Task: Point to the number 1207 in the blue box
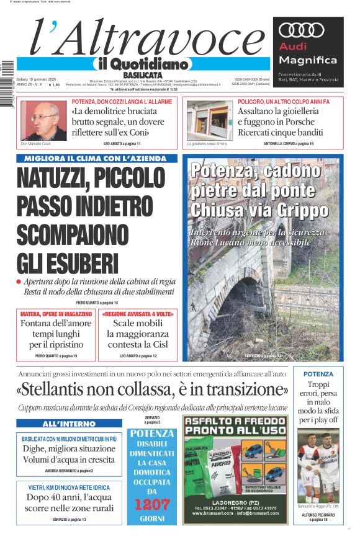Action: click(153, 504)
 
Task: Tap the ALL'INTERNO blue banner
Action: click(66, 424)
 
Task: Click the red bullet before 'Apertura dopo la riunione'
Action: click(19, 282)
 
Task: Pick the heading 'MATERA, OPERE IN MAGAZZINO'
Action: click(56, 314)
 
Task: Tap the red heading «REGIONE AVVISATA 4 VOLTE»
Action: click(138, 314)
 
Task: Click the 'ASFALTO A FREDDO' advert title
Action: click(235, 425)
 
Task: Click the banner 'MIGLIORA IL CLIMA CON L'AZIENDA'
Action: click(96, 159)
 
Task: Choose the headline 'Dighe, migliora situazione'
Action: click(66, 448)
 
